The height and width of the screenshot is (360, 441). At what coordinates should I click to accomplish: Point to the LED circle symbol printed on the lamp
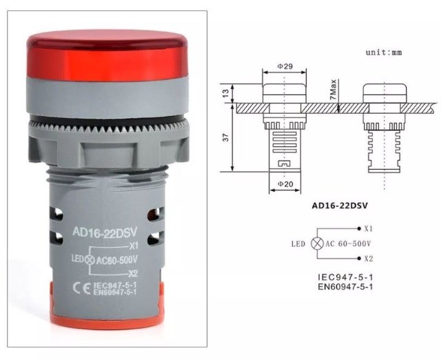point(89,259)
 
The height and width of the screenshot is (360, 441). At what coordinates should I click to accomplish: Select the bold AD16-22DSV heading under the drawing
point(342,205)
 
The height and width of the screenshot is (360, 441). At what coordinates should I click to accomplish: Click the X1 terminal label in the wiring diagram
point(369,228)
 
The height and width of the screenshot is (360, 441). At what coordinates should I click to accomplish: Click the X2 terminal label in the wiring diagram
point(369,259)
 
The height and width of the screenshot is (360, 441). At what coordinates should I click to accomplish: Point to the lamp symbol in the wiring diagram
point(318,243)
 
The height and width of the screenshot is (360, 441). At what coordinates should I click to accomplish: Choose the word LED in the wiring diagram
point(298,244)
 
